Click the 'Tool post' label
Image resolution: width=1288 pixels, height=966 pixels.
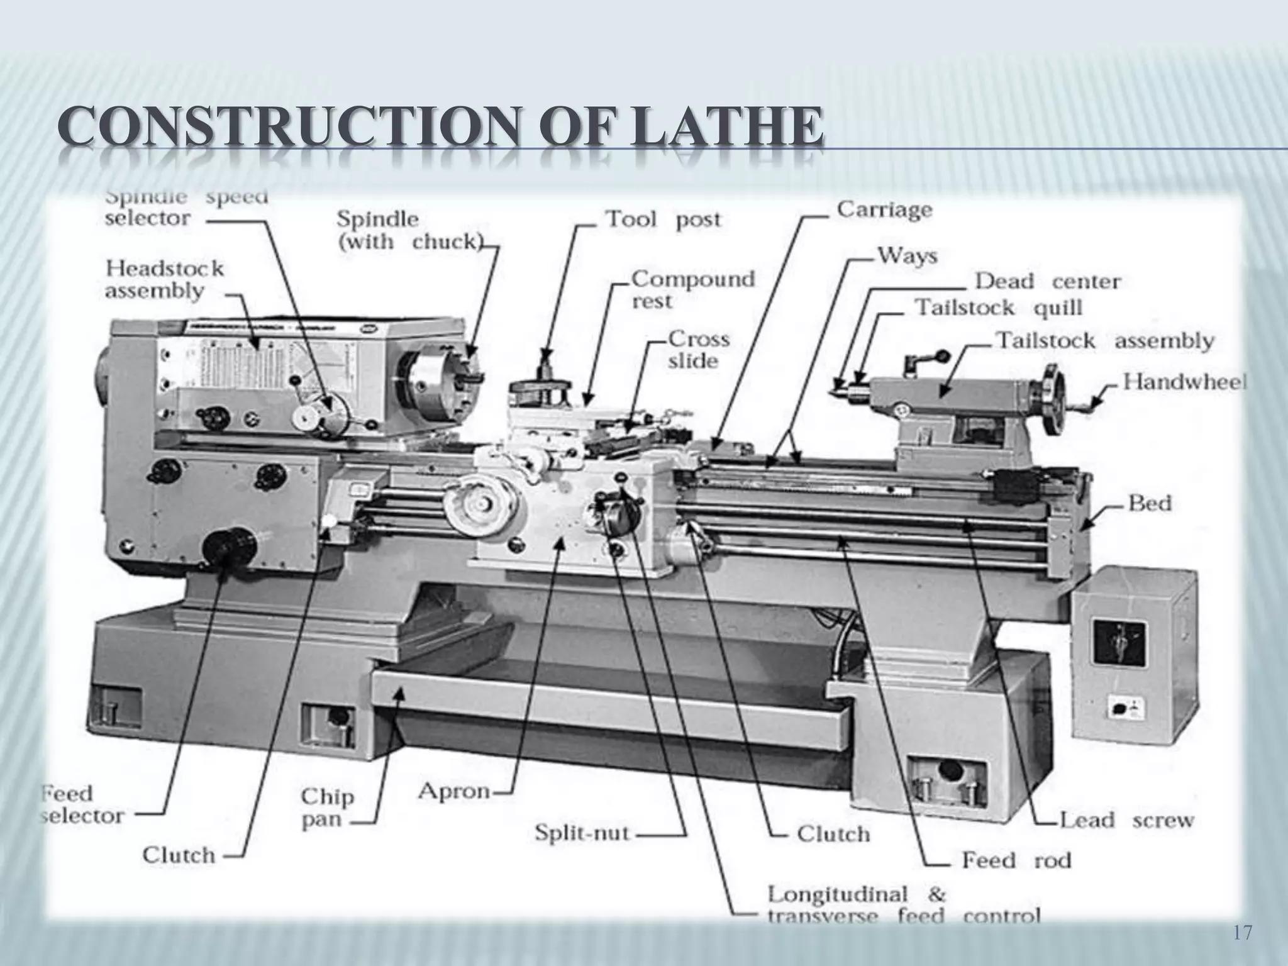(663, 220)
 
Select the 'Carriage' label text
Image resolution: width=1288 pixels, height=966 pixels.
(884, 209)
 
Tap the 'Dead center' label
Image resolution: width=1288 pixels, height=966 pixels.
(1047, 281)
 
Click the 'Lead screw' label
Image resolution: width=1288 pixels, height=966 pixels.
(1126, 820)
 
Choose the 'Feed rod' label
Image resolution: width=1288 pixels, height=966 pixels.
(1016, 860)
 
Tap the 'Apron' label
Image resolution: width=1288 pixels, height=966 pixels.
(454, 791)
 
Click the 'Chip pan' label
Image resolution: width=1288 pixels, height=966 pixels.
(327, 808)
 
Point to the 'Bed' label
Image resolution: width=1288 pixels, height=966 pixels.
(1150, 503)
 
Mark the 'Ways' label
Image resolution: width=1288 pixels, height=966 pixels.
(907, 256)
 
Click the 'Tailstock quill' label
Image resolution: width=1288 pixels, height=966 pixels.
(998, 308)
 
